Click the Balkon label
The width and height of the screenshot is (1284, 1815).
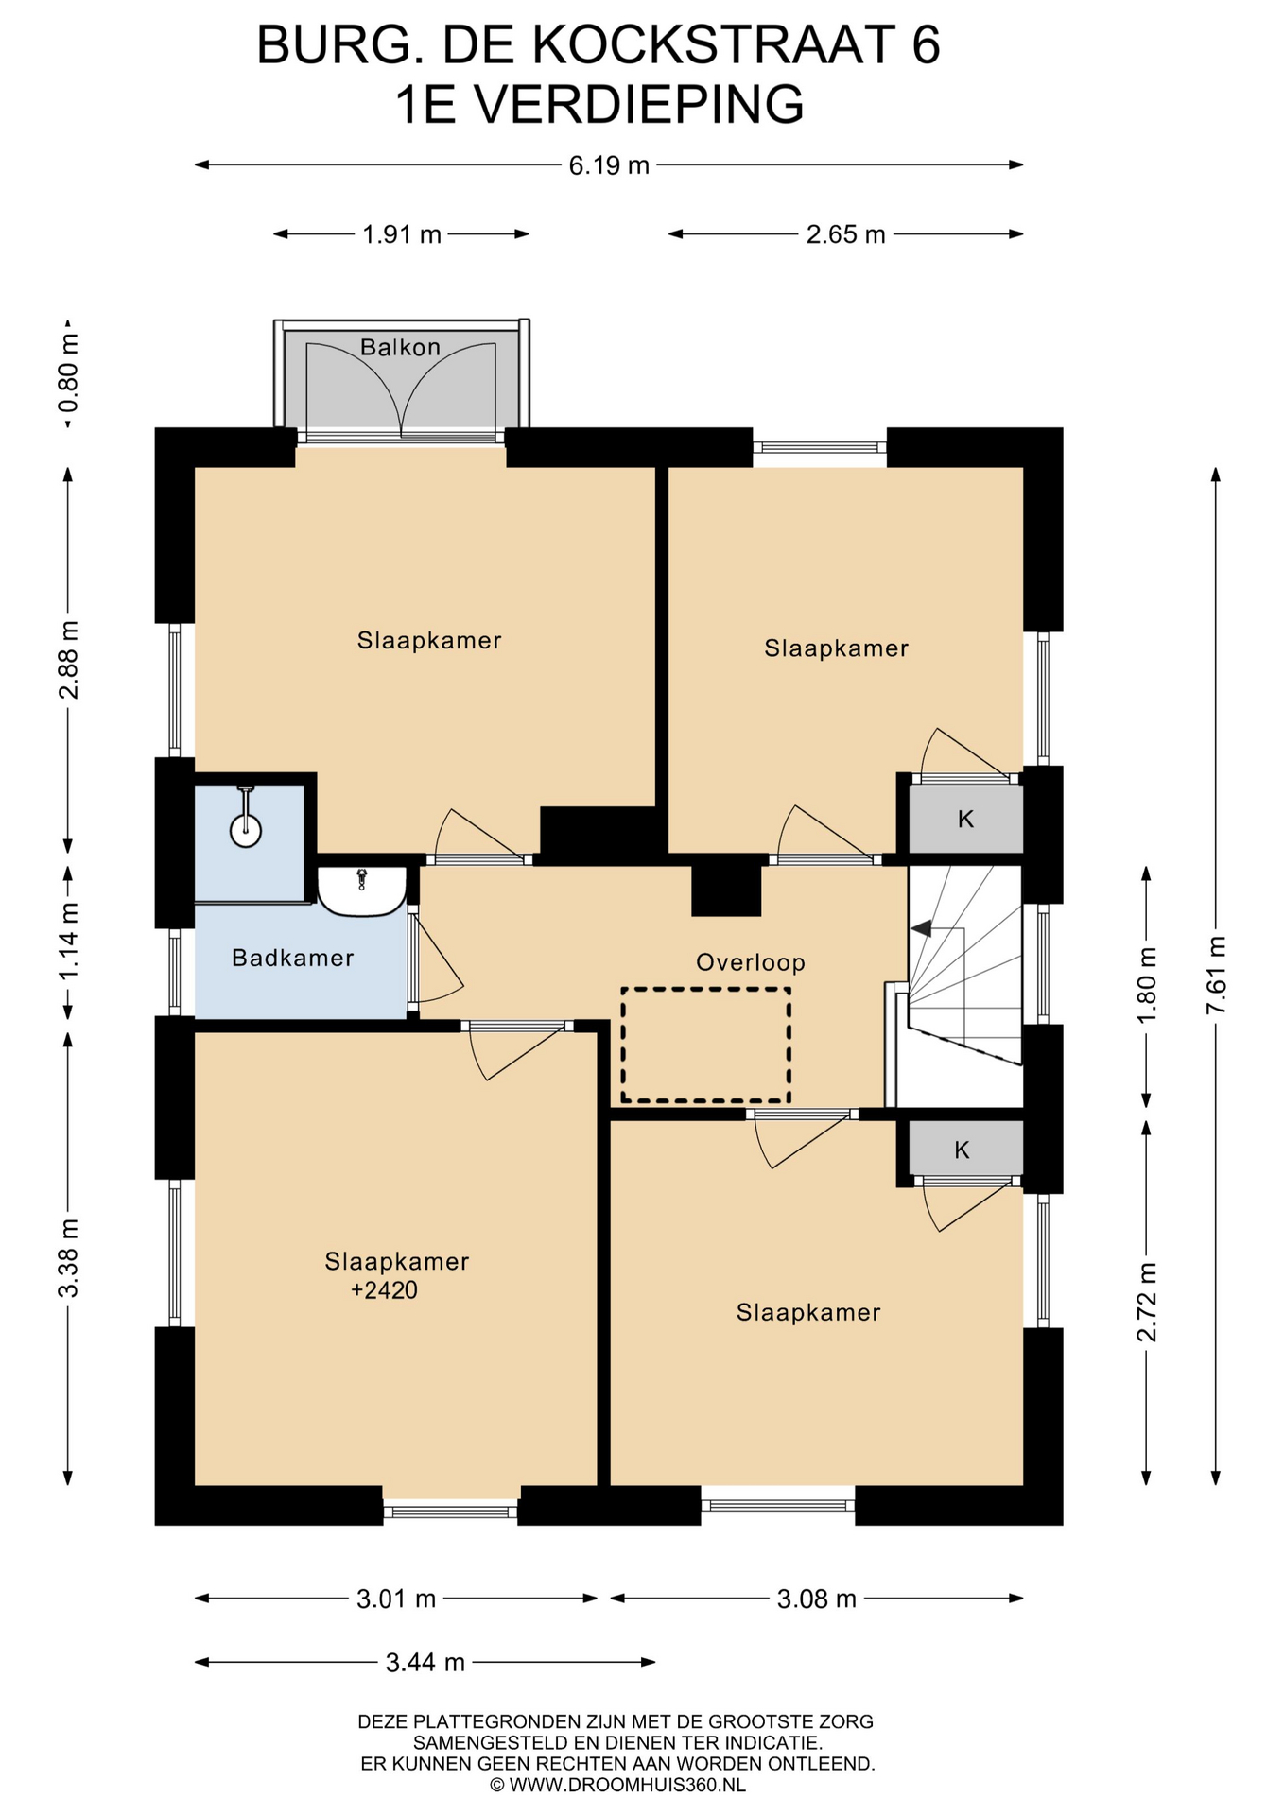[x=400, y=347]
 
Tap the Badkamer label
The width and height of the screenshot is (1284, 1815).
[x=293, y=958]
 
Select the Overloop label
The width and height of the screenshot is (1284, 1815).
[x=751, y=962]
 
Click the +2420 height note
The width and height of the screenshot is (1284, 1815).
[x=384, y=1289]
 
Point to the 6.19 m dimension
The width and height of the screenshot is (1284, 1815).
[x=609, y=165]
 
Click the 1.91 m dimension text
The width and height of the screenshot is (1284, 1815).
[x=402, y=234]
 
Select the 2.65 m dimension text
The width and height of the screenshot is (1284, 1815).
[x=845, y=234]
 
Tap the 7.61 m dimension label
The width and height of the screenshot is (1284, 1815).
[x=1216, y=975]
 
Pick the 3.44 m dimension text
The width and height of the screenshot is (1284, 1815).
[x=425, y=1662]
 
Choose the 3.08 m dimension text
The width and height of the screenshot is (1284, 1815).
[x=817, y=1599]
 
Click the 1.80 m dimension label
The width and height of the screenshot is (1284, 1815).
[x=1147, y=984]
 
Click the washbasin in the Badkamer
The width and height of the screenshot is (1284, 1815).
[x=361, y=891]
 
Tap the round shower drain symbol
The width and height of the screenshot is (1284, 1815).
[x=246, y=832]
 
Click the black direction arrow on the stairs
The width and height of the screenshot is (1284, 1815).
[x=920, y=928]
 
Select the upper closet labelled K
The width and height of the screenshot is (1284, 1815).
[x=966, y=819]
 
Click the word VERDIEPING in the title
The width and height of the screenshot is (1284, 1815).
[x=639, y=104]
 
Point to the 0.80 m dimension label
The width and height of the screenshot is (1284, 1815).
[x=68, y=374]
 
